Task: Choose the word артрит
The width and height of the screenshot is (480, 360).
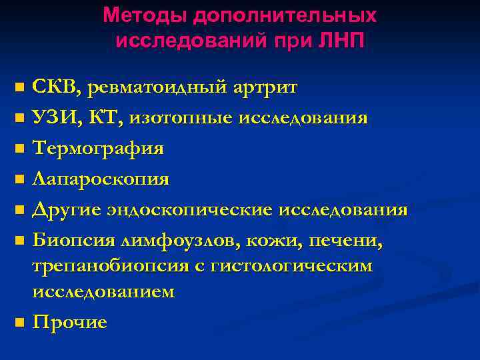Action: coord(264,88)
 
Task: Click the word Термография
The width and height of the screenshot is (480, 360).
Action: coord(98,149)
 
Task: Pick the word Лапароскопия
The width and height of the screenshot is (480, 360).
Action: coord(101,179)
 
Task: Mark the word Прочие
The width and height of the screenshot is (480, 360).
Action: coord(69,322)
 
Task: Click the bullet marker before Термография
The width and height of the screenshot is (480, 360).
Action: coord(19,149)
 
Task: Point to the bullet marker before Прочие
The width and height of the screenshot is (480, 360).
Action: coord(19,323)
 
